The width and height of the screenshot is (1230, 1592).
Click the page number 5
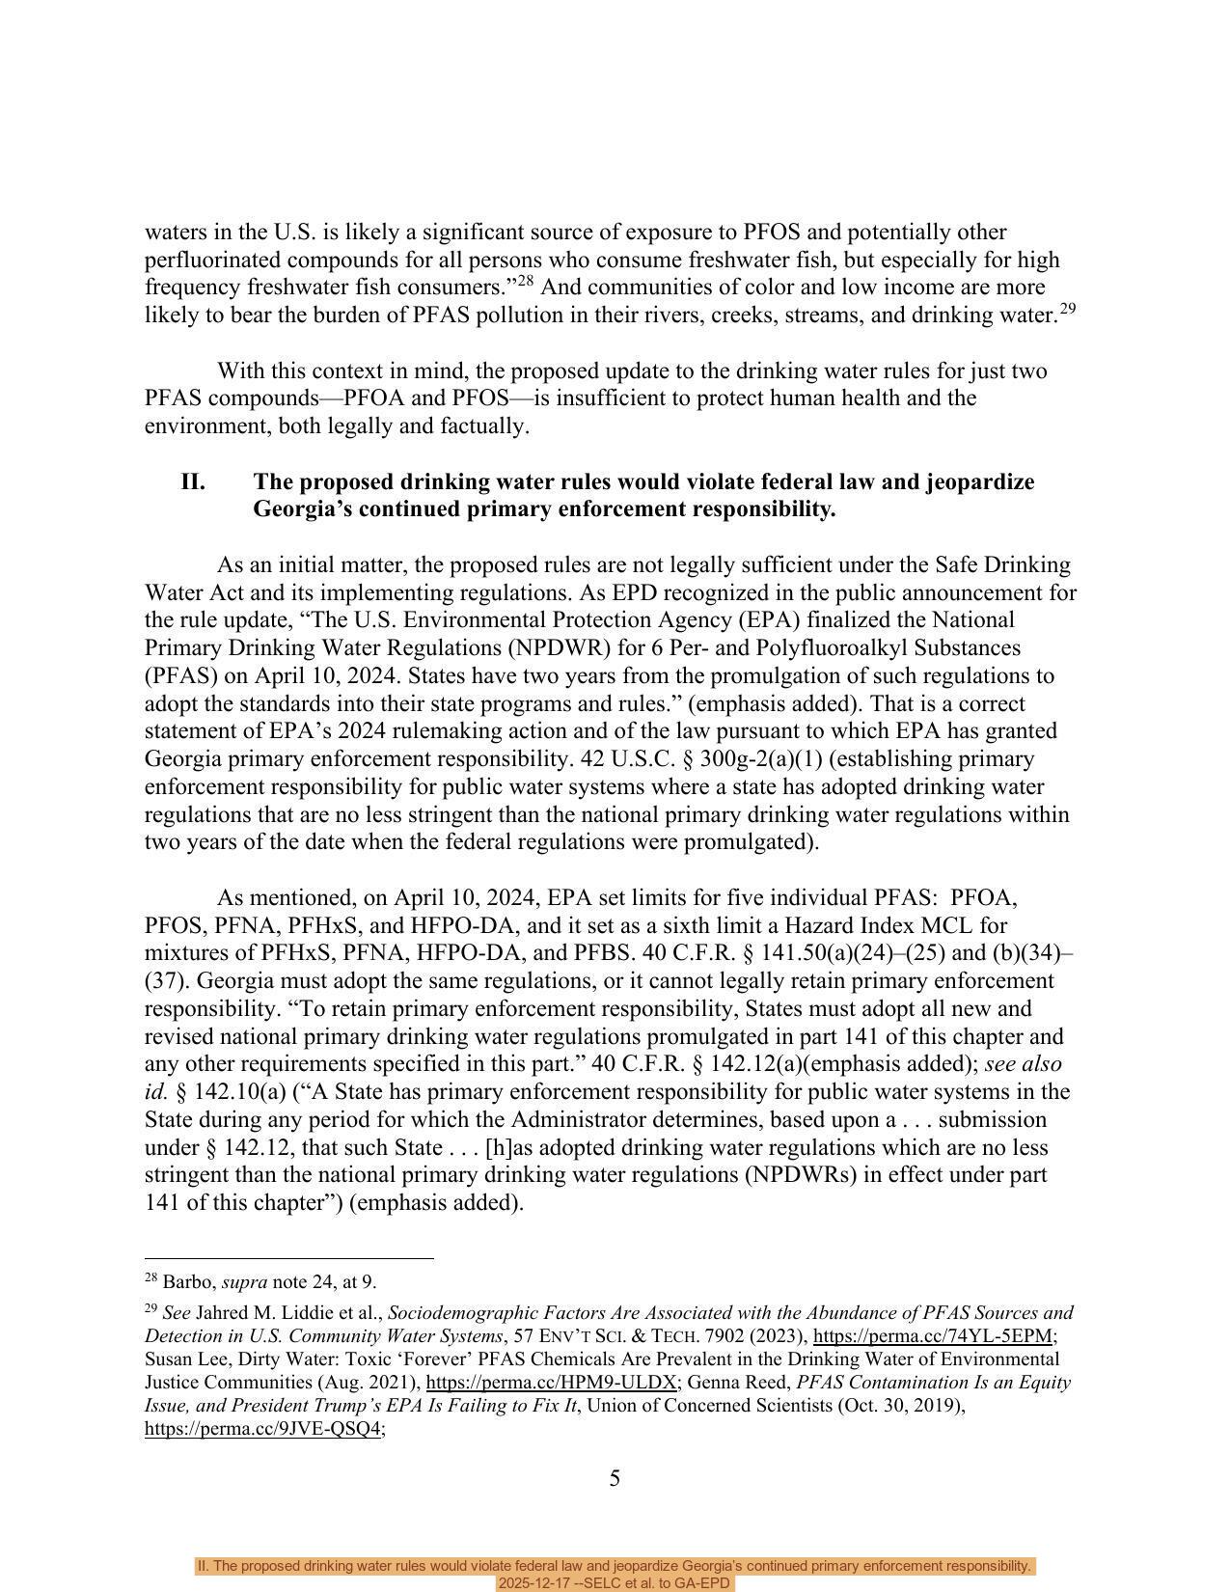tap(615, 1478)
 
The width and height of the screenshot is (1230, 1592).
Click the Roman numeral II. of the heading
tap(193, 481)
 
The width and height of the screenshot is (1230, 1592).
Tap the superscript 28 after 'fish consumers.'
tap(527, 282)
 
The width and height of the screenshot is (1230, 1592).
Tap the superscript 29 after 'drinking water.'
tap(1067, 309)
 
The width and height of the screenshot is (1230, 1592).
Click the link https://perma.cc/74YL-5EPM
tap(932, 1336)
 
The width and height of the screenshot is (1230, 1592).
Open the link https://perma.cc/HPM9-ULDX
tap(552, 1383)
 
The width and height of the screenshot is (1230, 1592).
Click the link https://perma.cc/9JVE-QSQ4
tap(263, 1429)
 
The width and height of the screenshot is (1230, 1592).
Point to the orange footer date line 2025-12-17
tap(615, 1583)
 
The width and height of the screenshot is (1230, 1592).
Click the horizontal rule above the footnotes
tap(289, 1258)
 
